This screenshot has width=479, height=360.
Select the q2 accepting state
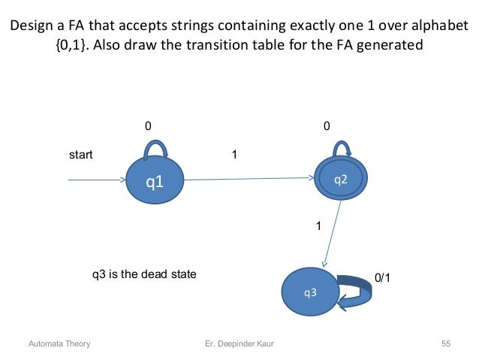point(340,179)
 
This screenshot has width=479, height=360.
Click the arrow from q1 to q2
point(248,179)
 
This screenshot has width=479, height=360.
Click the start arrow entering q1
point(95,180)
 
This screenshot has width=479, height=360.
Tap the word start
point(81,156)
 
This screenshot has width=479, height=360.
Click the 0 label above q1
point(148,126)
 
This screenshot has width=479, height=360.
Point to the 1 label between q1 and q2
point(235,155)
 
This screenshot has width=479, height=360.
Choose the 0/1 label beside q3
point(383,277)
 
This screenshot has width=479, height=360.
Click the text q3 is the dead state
point(143,274)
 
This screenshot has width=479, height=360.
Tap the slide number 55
point(445,344)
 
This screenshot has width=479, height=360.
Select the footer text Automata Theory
point(59,344)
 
